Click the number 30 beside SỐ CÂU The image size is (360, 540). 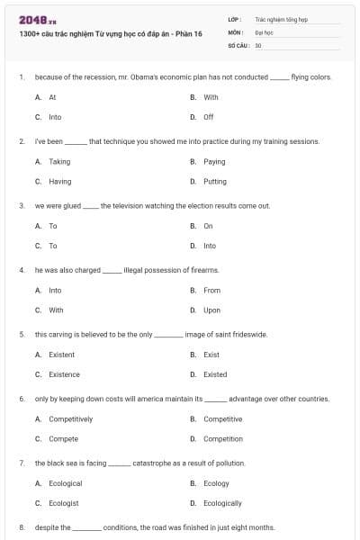258,44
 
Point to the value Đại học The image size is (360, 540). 263,31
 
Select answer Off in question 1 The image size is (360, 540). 208,117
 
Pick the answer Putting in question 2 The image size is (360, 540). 214,181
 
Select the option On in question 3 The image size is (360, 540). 208,226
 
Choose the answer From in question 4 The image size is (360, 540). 211,290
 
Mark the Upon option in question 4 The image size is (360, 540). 211,310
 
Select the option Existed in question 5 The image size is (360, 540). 215,374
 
